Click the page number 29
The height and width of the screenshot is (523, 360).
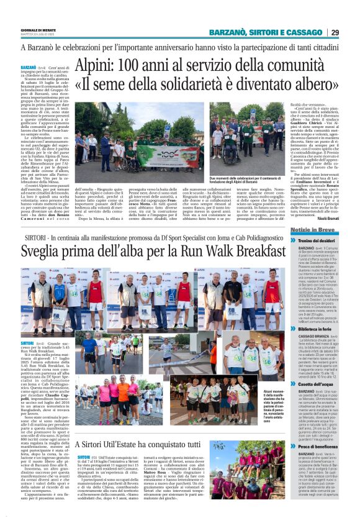click(335, 32)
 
